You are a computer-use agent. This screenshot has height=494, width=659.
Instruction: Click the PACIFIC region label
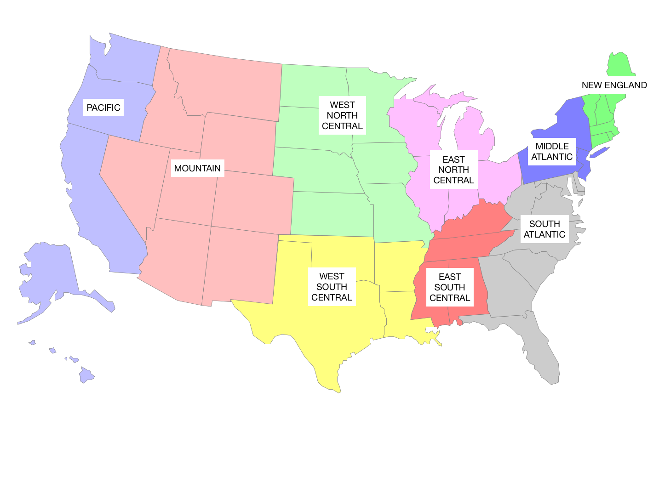click(103, 108)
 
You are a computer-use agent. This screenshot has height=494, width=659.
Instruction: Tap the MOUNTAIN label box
click(197, 168)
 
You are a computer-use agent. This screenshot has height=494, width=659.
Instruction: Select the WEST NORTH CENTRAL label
click(342, 115)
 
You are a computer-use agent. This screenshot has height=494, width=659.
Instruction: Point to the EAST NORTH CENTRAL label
click(453, 170)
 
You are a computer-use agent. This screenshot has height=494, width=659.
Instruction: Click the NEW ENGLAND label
click(614, 85)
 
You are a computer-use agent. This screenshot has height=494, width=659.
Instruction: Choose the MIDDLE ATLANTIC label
click(552, 152)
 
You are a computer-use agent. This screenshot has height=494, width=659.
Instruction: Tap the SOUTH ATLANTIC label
click(544, 229)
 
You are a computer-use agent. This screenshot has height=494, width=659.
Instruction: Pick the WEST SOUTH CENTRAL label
click(332, 287)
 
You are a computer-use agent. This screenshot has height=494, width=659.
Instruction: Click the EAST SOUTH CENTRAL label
click(449, 287)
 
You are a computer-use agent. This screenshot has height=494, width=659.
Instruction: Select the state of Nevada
click(131, 179)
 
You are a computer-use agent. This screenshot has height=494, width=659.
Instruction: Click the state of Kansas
click(331, 214)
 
